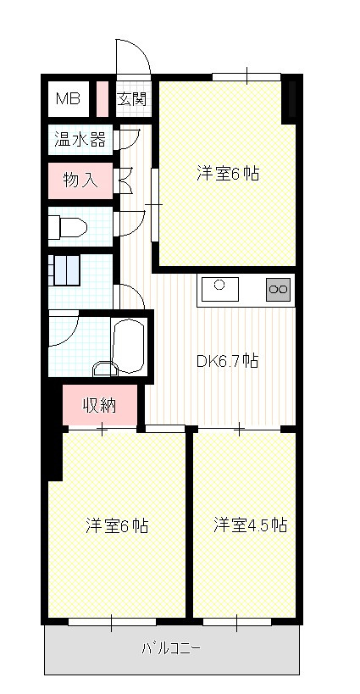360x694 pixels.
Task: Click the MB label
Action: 68,99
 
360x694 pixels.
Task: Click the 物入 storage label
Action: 80,180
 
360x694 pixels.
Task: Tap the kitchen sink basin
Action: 219,287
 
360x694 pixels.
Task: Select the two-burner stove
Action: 278,290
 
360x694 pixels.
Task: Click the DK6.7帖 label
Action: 227,361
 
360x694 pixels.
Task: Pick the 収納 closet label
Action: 98,404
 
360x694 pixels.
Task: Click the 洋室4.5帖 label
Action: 249,525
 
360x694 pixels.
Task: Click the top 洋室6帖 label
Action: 227,174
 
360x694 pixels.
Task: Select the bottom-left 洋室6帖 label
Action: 116,525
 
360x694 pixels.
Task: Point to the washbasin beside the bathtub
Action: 105,367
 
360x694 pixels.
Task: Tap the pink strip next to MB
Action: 102,97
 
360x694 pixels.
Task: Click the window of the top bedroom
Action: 246,77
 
